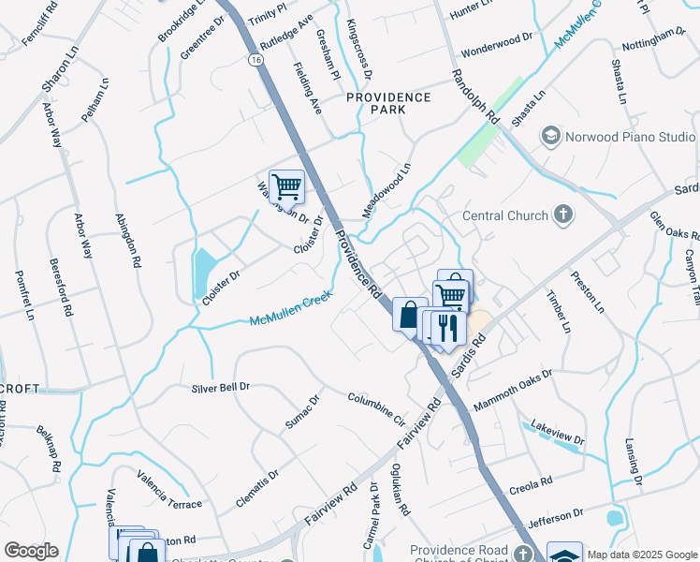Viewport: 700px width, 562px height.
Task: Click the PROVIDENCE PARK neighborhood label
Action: point(388,103)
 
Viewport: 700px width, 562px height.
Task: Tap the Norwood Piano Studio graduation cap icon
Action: point(550,137)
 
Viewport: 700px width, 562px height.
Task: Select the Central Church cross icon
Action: point(562,215)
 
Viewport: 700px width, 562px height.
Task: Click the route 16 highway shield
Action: point(255,59)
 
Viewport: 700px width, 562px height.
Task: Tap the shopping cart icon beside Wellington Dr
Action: point(286,186)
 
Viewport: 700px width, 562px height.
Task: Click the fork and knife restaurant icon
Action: point(450,327)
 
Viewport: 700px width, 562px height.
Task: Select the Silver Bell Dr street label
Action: point(221,387)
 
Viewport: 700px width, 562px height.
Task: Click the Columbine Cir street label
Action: point(375,409)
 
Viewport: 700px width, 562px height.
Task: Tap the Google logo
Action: point(31,551)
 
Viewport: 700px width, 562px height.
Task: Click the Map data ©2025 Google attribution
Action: point(641,554)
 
